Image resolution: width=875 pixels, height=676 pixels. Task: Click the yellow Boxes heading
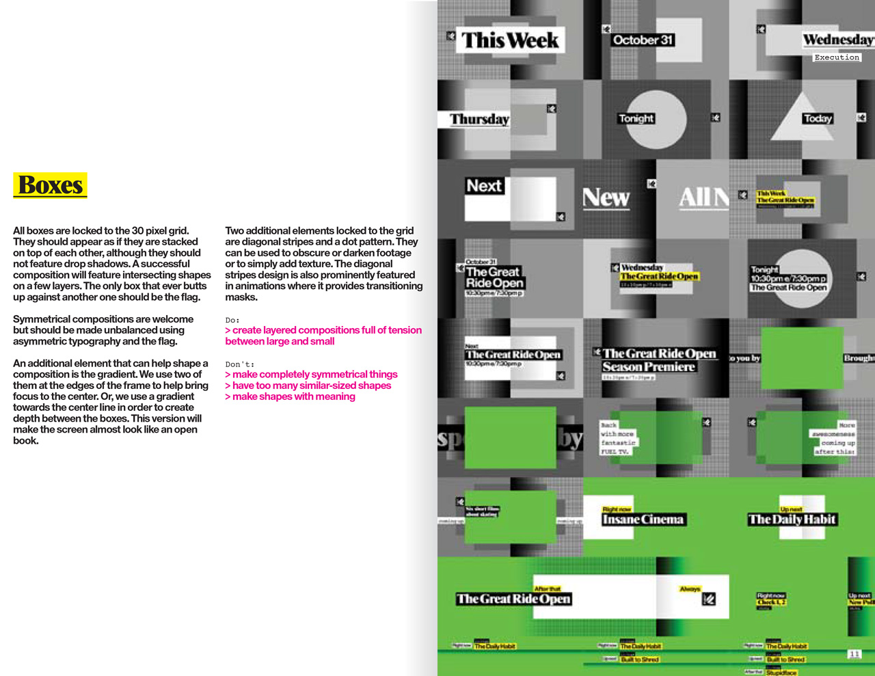pos(51,185)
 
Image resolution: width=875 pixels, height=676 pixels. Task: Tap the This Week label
pos(510,40)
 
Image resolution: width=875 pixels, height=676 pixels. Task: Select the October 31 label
pos(643,40)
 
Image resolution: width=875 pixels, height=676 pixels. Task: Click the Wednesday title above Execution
pos(837,40)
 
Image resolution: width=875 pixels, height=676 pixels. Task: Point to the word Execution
pos(836,57)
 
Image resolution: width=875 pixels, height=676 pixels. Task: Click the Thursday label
pos(479,120)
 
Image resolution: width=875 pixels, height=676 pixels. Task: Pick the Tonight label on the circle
pos(636,118)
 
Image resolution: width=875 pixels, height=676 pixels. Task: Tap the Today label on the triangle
pos(818,118)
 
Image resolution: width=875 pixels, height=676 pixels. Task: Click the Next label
pos(484,186)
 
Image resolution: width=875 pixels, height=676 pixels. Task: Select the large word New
pos(606,198)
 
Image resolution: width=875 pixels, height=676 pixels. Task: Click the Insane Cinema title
pos(643,519)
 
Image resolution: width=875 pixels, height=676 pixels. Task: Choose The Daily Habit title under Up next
pos(792,519)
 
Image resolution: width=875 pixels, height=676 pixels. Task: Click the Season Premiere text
pos(648,367)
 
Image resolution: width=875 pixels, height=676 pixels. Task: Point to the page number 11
pos(854,654)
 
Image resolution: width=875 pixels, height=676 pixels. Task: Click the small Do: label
pos(232,320)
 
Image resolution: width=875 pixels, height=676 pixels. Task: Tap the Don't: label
pos(239,364)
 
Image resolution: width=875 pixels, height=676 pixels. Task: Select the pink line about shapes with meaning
pos(291,396)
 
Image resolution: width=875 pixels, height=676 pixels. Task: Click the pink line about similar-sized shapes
pos(308,386)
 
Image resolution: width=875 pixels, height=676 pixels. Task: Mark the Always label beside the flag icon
pos(690,589)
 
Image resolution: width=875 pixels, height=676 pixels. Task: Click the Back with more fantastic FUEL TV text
pos(618,438)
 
